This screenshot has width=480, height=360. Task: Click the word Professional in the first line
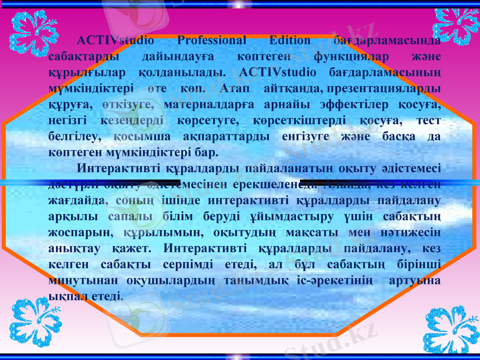click(x=212, y=41)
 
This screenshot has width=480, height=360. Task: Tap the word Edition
click(x=290, y=41)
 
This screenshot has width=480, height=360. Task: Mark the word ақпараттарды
click(x=221, y=136)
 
